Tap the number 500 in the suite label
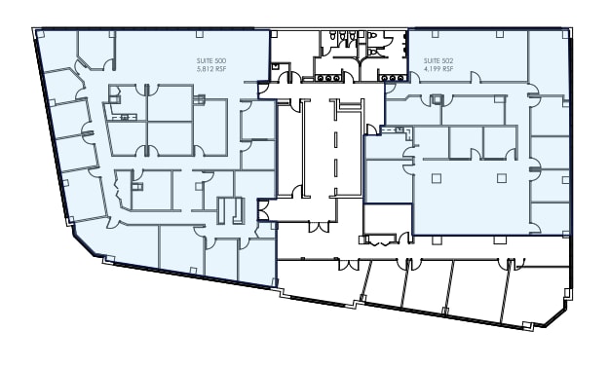[x=215, y=61]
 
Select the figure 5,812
[x=203, y=69]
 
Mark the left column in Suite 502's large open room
[x=436, y=177]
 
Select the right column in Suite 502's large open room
[x=501, y=177]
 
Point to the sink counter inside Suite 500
[x=122, y=116]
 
